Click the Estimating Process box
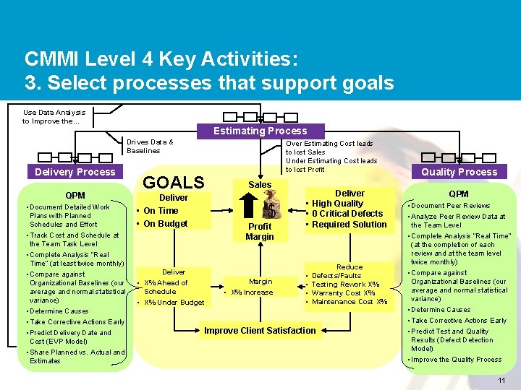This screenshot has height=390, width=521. click(260, 131)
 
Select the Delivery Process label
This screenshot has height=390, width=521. click(75, 172)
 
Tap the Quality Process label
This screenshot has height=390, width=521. click(459, 172)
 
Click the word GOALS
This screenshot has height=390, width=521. click(174, 182)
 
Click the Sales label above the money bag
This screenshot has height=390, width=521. click(260, 185)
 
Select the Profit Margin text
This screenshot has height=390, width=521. click(260, 231)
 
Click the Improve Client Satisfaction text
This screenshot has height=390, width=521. click(260, 331)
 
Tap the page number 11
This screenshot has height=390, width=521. click(501, 381)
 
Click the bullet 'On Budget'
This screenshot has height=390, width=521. click(166, 224)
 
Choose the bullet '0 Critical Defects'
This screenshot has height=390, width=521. click(347, 214)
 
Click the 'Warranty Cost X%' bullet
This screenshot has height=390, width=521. click(343, 293)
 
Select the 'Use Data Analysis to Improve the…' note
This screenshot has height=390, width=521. click(54, 116)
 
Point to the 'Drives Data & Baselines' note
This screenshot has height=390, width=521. click(150, 147)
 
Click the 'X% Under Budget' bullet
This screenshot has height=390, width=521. click(174, 303)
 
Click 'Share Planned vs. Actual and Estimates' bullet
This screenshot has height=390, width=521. click(76, 356)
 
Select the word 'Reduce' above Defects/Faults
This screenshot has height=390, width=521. click(350, 267)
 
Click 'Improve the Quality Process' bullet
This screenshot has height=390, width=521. click(456, 359)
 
